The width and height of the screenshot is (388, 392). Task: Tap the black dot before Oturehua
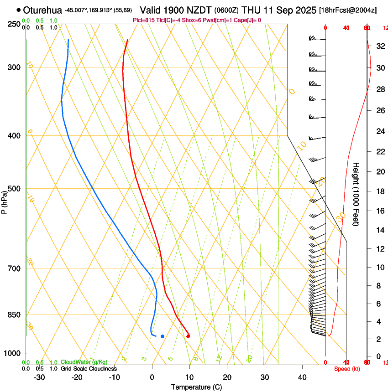(x=18, y=10)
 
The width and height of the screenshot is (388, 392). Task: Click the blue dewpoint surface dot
(x=163, y=336)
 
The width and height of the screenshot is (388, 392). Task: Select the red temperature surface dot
(x=188, y=336)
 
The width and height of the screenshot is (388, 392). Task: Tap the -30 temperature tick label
(x=39, y=377)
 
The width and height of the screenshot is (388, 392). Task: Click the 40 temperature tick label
(x=302, y=377)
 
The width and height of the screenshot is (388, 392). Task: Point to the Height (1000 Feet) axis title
(x=356, y=194)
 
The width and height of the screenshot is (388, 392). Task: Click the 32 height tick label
(x=379, y=46)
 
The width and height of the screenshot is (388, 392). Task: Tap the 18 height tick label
(x=379, y=191)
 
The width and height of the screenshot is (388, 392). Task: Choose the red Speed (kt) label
(x=346, y=369)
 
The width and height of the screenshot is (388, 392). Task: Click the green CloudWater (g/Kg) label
(x=84, y=362)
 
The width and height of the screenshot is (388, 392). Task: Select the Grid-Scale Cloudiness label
(x=89, y=369)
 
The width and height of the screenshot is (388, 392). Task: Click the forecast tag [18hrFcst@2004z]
(x=348, y=10)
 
